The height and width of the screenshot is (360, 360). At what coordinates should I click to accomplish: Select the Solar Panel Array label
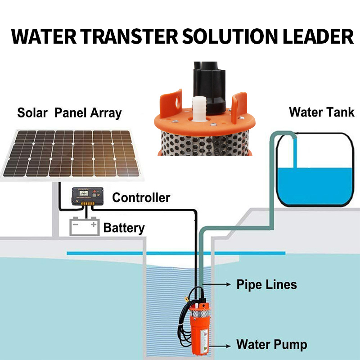[69, 112]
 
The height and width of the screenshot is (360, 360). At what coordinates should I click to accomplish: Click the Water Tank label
[321, 112]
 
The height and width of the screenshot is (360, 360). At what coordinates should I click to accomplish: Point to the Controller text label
[141, 198]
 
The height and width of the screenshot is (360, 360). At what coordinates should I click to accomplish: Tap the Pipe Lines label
[267, 284]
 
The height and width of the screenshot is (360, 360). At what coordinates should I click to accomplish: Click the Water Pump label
[272, 345]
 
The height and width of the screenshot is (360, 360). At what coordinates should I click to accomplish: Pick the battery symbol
[84, 226]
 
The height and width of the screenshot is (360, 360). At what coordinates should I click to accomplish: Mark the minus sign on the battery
[76, 224]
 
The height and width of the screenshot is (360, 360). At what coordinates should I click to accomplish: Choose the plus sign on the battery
[93, 224]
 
